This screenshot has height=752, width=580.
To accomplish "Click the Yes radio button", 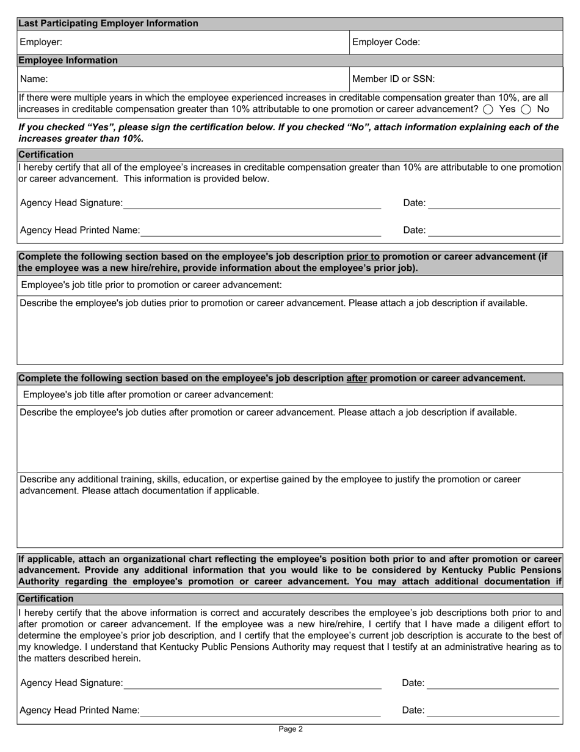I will pyautogui.click(x=488, y=109).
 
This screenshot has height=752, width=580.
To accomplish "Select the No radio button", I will pyautogui.click(x=526, y=109).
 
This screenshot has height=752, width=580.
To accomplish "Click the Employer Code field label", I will pyautogui.click(x=386, y=42).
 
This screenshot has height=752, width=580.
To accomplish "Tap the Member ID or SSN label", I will pyautogui.click(x=394, y=79).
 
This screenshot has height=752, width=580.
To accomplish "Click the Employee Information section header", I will pyautogui.click(x=68, y=61).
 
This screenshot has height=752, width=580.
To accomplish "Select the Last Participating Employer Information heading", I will pyautogui.click(x=108, y=23).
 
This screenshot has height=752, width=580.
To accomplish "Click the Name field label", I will pyautogui.click(x=34, y=79).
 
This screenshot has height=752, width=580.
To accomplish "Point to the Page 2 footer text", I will pyautogui.click(x=290, y=729).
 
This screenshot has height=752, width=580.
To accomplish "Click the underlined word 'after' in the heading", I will pyautogui.click(x=357, y=378).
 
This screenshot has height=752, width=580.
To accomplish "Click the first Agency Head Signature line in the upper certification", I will pyautogui.click(x=252, y=204).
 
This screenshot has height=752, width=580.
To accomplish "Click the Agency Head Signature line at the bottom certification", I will pyautogui.click(x=252, y=684).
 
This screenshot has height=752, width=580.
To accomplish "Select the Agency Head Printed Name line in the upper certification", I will pyautogui.click(x=261, y=231).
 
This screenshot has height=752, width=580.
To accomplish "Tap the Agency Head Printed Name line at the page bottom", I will pyautogui.click(x=261, y=711).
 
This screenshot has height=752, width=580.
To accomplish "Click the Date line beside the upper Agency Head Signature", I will pyautogui.click(x=494, y=204).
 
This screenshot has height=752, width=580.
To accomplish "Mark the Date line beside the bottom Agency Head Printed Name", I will pyautogui.click(x=493, y=711).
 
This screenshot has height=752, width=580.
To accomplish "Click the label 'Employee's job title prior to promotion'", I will pyautogui.click(x=151, y=285).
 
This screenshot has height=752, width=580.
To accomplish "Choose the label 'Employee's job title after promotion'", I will pyautogui.click(x=148, y=395).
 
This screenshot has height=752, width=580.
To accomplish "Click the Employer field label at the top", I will pyautogui.click(x=41, y=42).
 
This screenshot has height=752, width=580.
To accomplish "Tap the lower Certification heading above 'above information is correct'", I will pyautogui.click(x=46, y=599).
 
